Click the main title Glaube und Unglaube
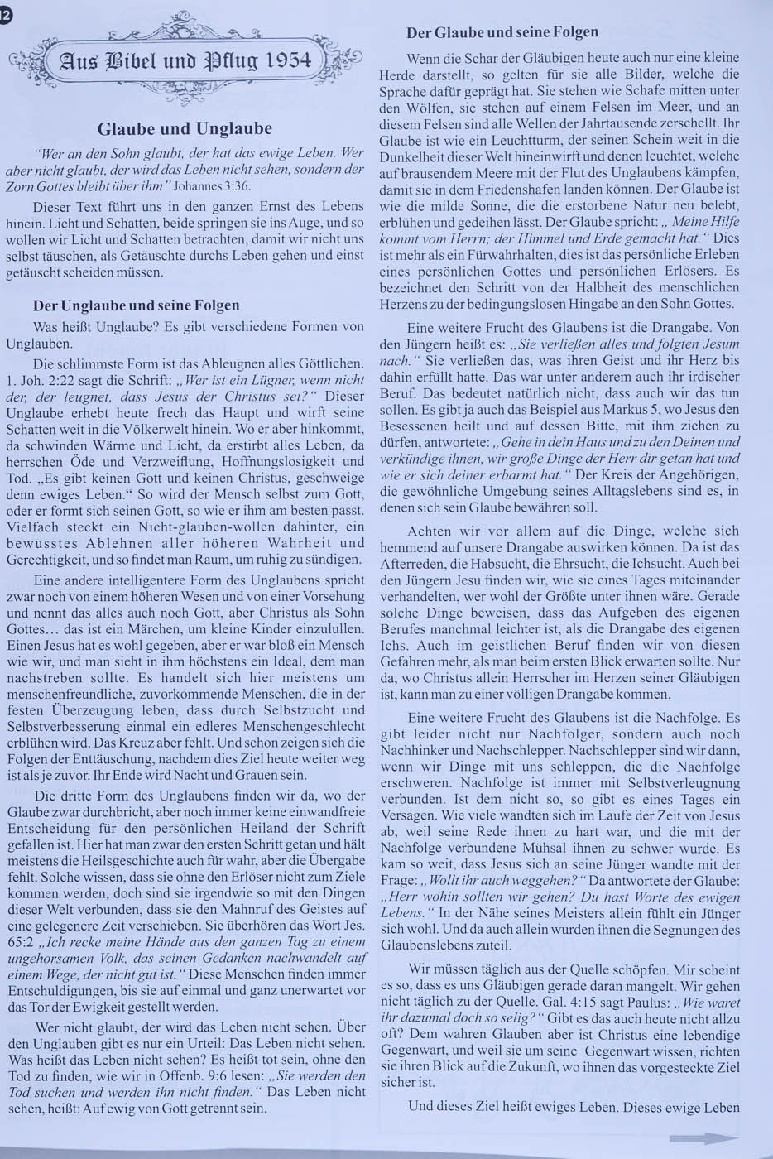coord(185,128)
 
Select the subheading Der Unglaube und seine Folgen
coord(136,305)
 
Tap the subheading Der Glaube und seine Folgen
coord(502,33)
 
